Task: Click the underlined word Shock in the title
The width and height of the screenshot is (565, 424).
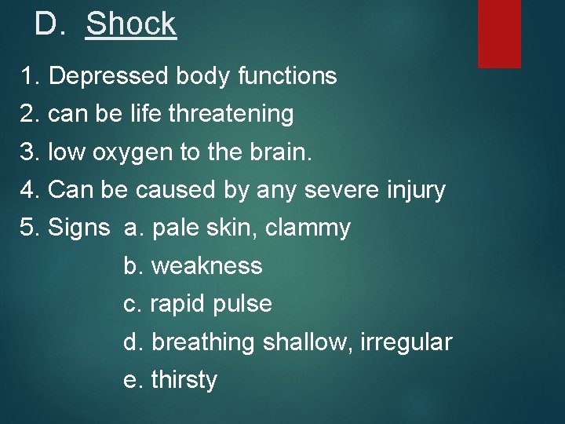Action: [131, 24]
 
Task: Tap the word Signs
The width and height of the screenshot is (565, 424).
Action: [78, 228]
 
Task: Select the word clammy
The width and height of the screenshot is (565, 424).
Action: [308, 228]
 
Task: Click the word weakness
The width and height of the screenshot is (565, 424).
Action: [206, 266]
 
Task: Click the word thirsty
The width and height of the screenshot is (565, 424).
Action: [184, 380]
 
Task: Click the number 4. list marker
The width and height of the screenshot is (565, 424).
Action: [30, 190]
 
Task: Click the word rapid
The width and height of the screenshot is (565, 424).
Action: [179, 304]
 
